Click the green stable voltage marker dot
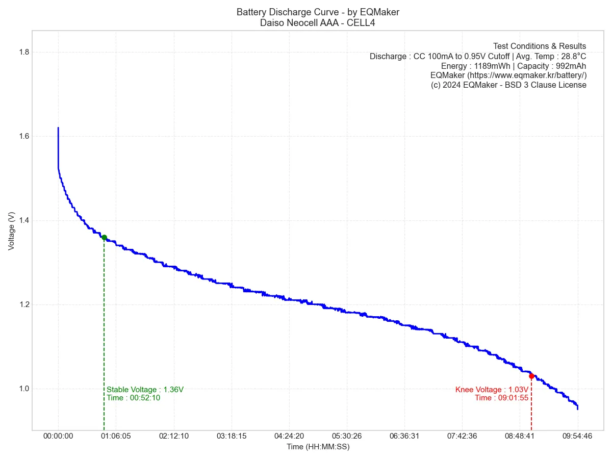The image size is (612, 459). (x=104, y=237)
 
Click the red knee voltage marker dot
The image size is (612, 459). (x=531, y=376)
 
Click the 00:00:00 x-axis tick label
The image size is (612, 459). (x=58, y=436)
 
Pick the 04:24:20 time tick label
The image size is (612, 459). (x=289, y=436)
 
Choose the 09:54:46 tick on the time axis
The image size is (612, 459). (x=577, y=436)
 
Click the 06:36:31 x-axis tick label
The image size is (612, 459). (x=404, y=436)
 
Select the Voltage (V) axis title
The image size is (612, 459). (x=12, y=231)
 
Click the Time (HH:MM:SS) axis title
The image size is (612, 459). (x=318, y=447)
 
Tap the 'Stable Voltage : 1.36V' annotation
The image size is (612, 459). (x=145, y=390)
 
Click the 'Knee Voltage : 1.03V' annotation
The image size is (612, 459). (x=492, y=390)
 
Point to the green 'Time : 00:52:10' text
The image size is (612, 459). (x=134, y=398)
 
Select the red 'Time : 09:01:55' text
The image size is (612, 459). (x=501, y=398)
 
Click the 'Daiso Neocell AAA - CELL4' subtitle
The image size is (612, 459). (x=318, y=22)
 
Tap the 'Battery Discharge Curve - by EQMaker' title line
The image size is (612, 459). (x=318, y=12)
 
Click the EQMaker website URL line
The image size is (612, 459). (x=508, y=75)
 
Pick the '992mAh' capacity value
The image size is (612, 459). (x=572, y=66)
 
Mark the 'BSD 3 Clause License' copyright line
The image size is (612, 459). (x=508, y=85)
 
